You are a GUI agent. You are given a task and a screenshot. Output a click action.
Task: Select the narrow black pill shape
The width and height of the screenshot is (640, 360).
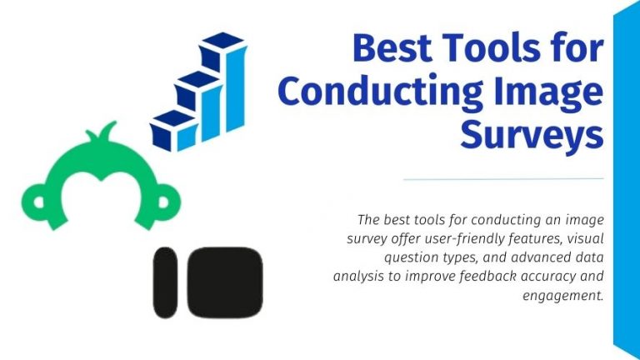tap(166, 282)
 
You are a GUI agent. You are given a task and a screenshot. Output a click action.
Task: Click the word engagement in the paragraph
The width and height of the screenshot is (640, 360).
tap(564, 294)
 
